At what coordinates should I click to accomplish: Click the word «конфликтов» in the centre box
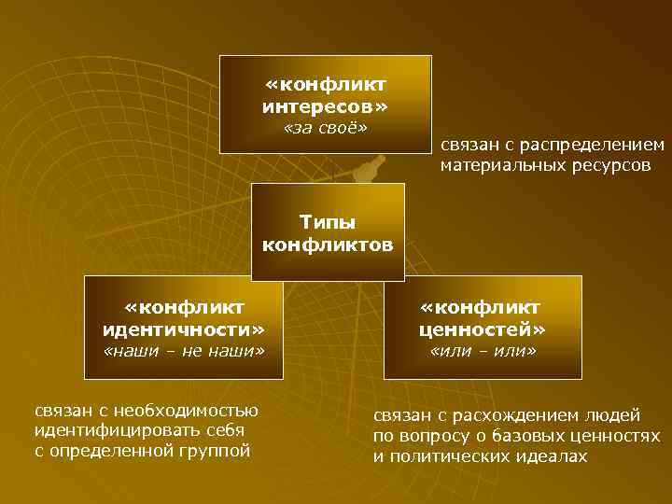pyautogui.click(x=328, y=245)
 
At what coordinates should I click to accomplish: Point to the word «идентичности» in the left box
pyautogui.click(x=184, y=329)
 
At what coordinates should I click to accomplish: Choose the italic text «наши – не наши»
pyautogui.click(x=184, y=352)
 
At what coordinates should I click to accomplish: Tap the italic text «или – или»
pyautogui.click(x=482, y=352)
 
